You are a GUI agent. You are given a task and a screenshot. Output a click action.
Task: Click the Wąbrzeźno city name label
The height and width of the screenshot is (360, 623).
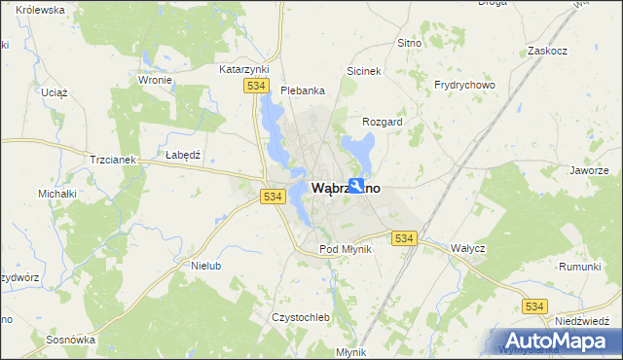pyautogui.click(x=346, y=187)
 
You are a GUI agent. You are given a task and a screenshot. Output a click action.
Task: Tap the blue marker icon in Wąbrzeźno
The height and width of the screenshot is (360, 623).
pyautogui.click(x=357, y=186)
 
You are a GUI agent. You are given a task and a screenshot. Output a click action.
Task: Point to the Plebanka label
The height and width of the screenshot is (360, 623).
pyautogui.click(x=302, y=90)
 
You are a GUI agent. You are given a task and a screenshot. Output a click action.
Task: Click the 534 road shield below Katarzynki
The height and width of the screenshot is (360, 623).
pyautogui.click(x=256, y=87)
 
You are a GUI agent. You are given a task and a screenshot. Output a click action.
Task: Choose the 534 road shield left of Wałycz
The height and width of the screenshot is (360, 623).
pyautogui.click(x=404, y=237)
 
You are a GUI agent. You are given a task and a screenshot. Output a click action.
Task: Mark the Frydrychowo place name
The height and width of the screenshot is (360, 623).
pyautogui.click(x=465, y=85)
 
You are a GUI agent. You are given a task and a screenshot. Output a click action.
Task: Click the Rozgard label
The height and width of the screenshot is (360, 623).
pyautogui.click(x=382, y=122)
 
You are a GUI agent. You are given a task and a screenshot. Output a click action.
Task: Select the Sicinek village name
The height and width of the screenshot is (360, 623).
pyautogui.click(x=364, y=71)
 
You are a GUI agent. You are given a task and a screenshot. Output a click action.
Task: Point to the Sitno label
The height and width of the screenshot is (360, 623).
pyautogui.click(x=409, y=44)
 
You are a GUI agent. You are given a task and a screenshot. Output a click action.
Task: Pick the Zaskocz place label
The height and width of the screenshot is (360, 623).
pyautogui.click(x=546, y=50)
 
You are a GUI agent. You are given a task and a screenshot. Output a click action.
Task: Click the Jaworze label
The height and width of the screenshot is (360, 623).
pyautogui.click(x=590, y=170)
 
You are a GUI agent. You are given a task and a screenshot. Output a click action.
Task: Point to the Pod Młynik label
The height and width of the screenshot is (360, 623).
pyautogui.click(x=346, y=249)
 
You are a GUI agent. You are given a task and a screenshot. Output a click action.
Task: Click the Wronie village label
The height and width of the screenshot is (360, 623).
pyautogui.click(x=156, y=80)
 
